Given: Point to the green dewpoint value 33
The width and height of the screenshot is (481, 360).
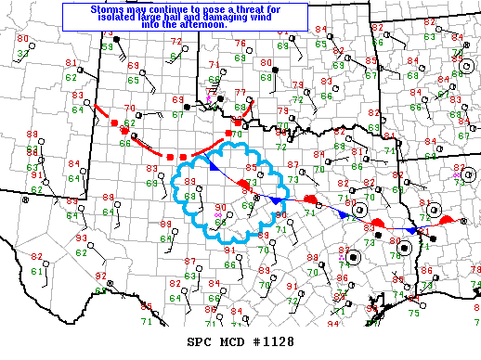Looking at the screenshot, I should [23, 55].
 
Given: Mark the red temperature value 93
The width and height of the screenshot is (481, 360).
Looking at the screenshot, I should [81, 238].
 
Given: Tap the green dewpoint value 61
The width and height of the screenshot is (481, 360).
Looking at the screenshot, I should [37, 270].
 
